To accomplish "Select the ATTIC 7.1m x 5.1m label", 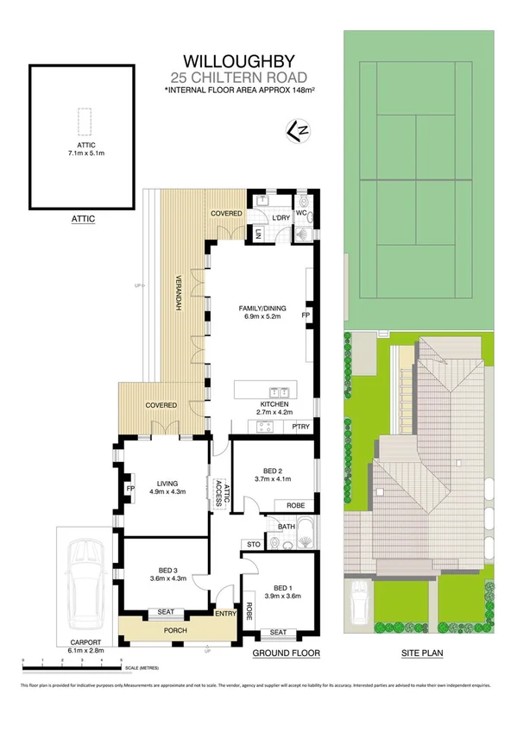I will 83,148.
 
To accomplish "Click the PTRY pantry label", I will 300,426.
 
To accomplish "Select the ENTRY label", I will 225,613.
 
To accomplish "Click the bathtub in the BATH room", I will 304,541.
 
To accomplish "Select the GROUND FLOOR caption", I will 286,653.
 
